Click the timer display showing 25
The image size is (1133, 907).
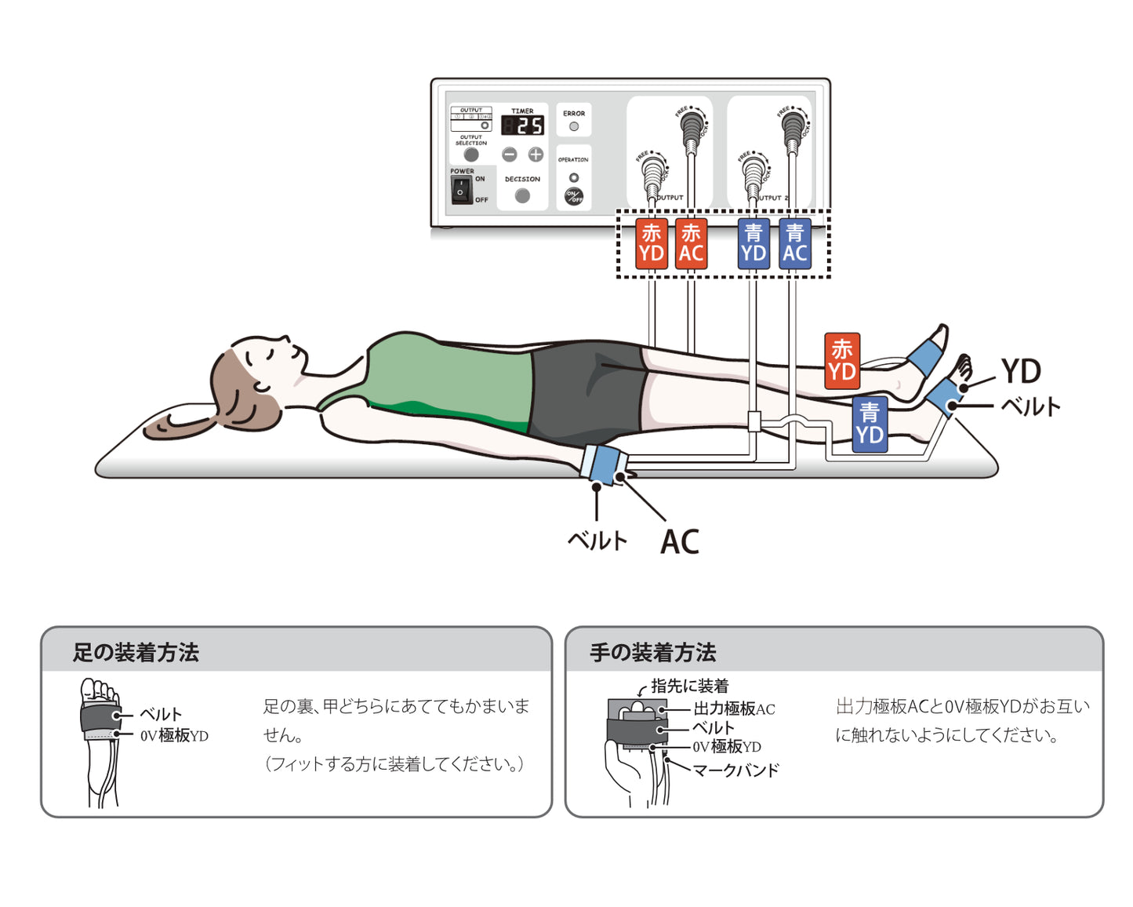523,126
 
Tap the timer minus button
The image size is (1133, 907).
510,155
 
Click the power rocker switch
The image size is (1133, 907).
461,190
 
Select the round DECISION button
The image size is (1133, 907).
522,196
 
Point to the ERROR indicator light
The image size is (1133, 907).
574,126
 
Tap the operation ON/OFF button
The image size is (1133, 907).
574,196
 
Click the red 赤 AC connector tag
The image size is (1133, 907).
691,244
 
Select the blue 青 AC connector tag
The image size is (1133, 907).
794,244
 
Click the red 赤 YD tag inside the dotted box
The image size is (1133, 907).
652,244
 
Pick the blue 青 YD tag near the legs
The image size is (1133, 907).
870,424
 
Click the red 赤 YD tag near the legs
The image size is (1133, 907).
841,361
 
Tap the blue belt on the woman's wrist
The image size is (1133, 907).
604,464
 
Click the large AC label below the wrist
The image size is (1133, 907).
680,542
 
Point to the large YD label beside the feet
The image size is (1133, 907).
1021,371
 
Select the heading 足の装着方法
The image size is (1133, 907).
136,653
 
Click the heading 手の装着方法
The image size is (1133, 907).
652,653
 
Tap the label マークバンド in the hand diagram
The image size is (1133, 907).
735,770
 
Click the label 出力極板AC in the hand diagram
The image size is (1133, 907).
734,709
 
